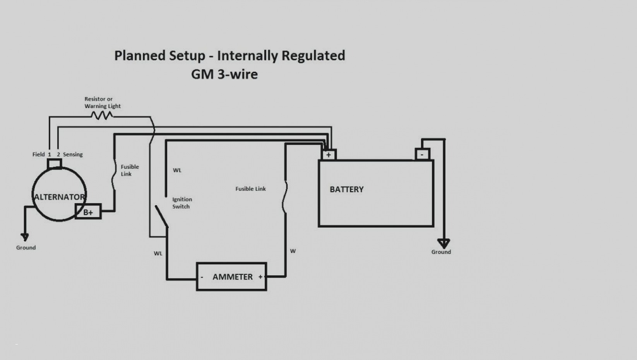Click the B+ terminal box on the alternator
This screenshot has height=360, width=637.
(88, 211)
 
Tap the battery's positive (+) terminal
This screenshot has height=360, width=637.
(329, 155)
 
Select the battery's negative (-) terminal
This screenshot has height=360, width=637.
(422, 154)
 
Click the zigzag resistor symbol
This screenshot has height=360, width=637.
(102, 115)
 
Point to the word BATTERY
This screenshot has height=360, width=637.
(347, 189)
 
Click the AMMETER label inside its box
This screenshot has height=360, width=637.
(233, 277)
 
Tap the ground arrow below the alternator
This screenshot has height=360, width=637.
(25, 237)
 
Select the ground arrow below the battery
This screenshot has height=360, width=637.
(444, 243)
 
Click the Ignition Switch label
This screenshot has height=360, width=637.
(182, 203)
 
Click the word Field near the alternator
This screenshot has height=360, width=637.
(38, 154)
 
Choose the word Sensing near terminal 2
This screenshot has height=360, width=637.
(73, 154)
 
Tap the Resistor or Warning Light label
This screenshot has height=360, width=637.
(103, 102)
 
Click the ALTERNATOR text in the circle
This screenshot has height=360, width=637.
(60, 197)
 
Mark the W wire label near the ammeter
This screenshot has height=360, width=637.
(293, 251)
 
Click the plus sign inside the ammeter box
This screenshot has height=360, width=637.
(260, 277)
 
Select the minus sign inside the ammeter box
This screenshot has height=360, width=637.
(202, 277)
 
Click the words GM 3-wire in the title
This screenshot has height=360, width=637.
(224, 74)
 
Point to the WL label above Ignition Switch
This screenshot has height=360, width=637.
(177, 170)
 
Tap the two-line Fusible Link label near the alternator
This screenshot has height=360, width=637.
(130, 170)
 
